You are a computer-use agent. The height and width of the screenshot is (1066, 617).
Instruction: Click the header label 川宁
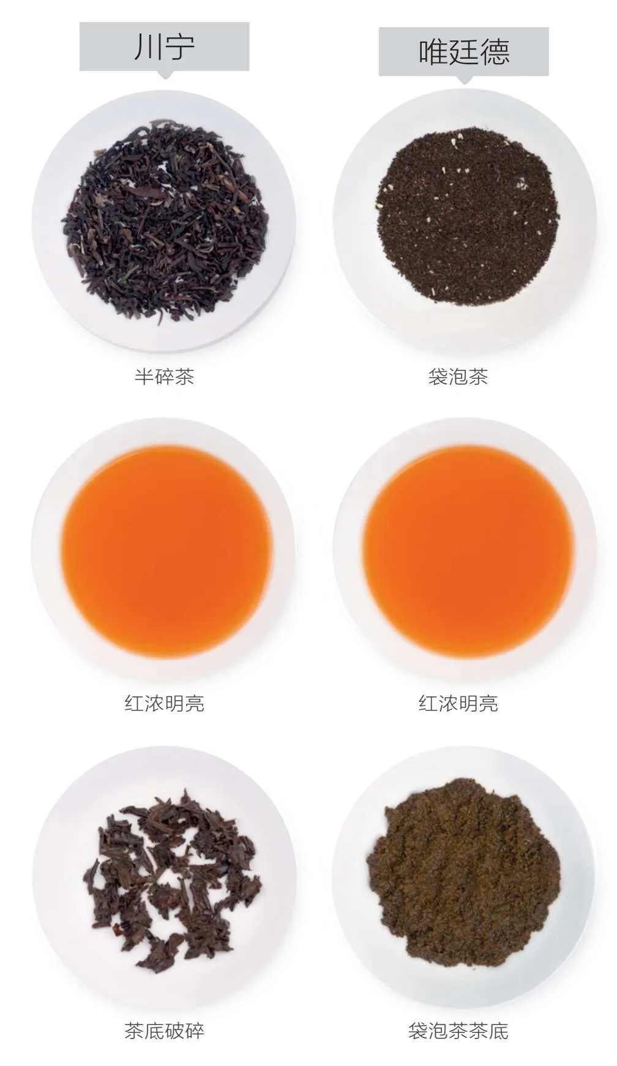[164, 47]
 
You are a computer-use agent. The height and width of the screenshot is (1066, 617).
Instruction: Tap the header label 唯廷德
[463, 51]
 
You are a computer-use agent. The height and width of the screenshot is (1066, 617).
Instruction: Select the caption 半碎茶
[164, 376]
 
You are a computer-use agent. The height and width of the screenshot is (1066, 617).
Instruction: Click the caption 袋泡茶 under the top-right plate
[458, 376]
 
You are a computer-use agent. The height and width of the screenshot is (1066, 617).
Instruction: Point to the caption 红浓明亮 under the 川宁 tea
[164, 703]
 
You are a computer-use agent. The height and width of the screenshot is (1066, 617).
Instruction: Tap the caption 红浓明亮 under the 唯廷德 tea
[458, 703]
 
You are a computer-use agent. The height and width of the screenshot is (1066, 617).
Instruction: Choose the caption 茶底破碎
[164, 1031]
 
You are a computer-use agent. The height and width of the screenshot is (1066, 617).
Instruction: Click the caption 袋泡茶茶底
[458, 1031]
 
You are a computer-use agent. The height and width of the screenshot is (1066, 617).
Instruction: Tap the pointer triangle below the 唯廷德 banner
[465, 80]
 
